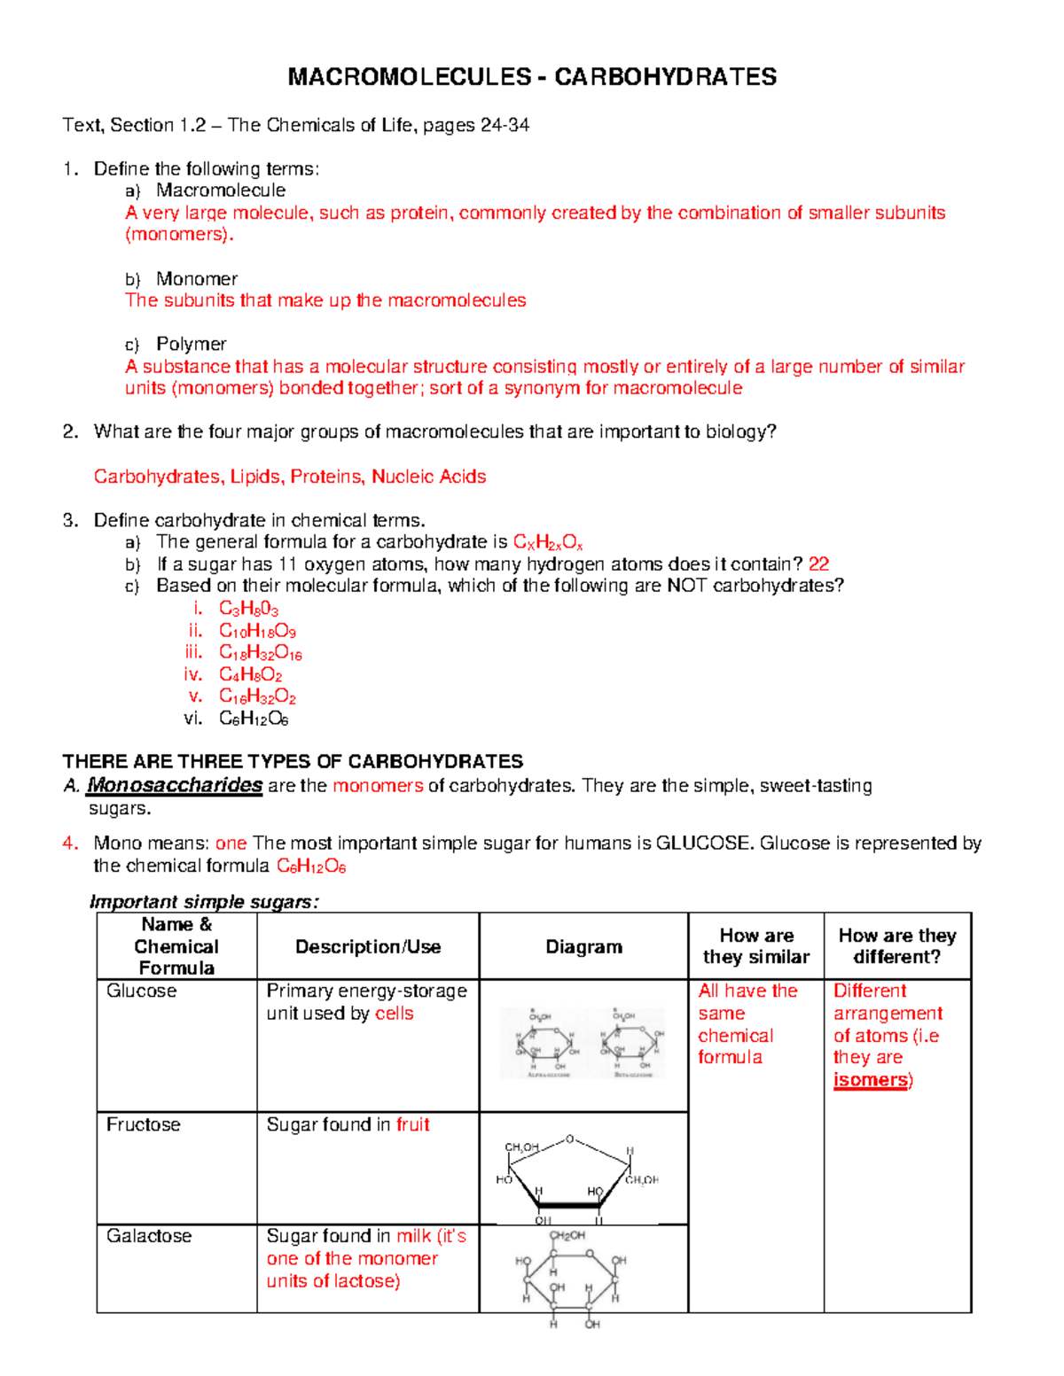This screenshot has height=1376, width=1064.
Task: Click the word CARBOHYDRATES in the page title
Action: point(665,77)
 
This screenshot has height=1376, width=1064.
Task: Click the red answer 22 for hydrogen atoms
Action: point(818,564)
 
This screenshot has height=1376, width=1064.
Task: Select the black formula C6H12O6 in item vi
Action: point(254,719)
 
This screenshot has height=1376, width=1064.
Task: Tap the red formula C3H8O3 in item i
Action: point(248,609)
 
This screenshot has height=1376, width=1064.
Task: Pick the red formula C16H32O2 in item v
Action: point(257,696)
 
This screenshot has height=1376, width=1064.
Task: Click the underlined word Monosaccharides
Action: point(175,785)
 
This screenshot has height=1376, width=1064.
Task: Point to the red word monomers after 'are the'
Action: point(378,786)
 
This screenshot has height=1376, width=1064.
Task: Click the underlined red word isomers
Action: point(871,1080)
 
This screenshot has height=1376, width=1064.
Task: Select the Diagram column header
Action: point(583,946)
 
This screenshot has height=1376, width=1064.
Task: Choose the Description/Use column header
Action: point(368,946)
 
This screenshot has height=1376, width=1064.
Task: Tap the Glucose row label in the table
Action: point(142,991)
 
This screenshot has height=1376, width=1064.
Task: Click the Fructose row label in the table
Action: point(144,1124)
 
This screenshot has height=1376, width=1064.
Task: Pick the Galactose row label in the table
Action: point(149,1236)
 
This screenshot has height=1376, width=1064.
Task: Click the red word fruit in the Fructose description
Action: point(412,1124)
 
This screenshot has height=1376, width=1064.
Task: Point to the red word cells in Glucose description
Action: point(394,1014)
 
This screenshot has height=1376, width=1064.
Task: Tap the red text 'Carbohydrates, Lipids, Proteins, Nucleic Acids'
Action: point(290,477)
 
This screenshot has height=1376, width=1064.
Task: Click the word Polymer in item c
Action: point(192,344)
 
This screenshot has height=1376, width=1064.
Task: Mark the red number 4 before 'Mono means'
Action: point(69,843)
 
